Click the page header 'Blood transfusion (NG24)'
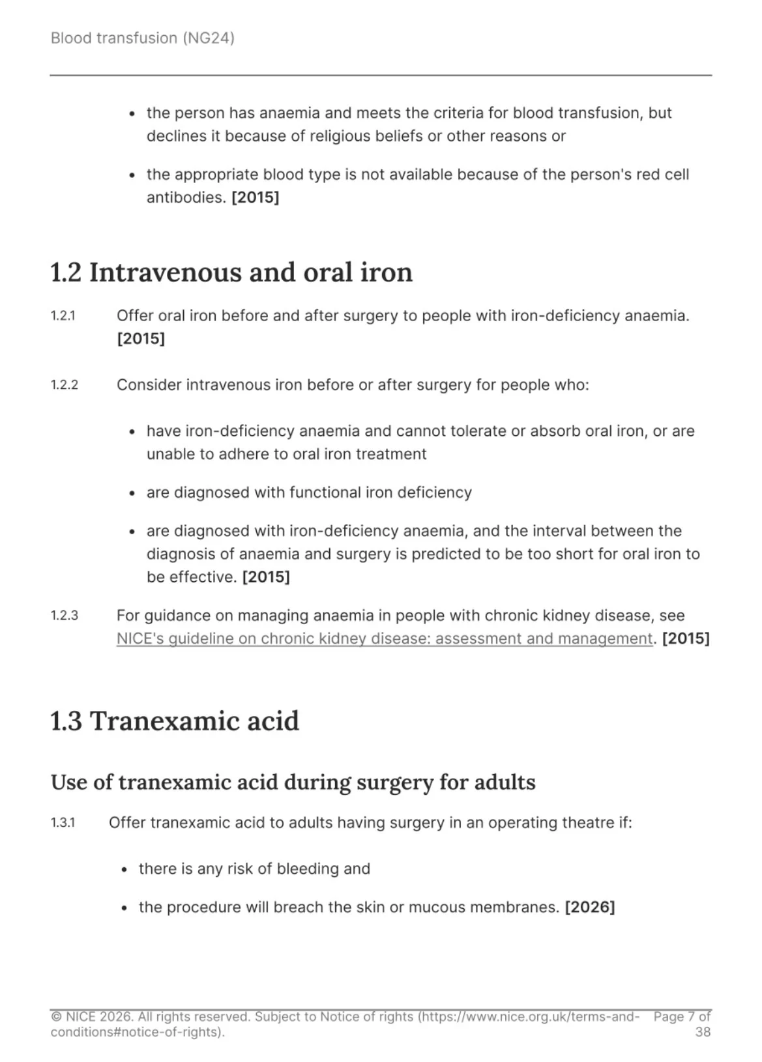[142, 38]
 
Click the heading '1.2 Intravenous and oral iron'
[231, 272]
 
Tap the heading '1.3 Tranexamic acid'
[175, 721]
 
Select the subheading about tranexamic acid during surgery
[293, 782]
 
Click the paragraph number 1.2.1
[63, 316]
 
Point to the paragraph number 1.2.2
[65, 385]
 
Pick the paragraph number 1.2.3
[65, 616]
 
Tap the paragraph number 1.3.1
[63, 823]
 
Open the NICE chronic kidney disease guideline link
[384, 639]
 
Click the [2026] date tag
[589, 907]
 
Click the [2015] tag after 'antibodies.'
[255, 197]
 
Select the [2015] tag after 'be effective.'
[265, 577]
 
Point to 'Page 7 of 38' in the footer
[682, 1024]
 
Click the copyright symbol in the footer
[56, 1017]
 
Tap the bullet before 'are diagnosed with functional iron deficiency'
[132, 493]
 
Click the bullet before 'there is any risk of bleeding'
[125, 870]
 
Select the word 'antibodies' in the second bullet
[184, 197]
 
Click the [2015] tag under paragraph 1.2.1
[140, 339]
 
